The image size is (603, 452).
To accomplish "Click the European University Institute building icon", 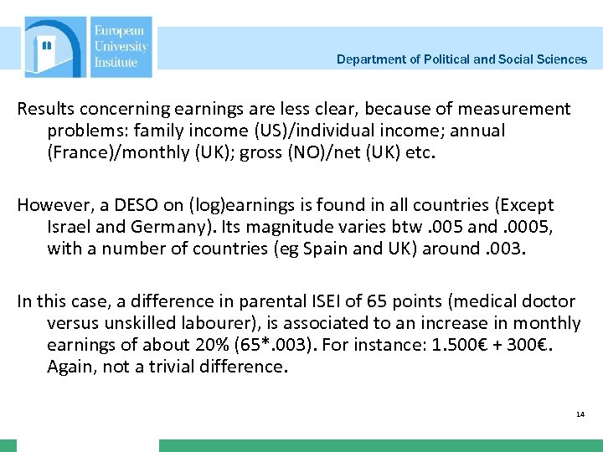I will (x=54, y=48).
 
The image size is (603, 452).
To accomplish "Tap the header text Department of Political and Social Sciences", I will (x=461, y=59).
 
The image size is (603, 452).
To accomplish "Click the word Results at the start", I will (x=44, y=109).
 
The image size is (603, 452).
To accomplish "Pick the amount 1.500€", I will (x=441, y=345).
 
